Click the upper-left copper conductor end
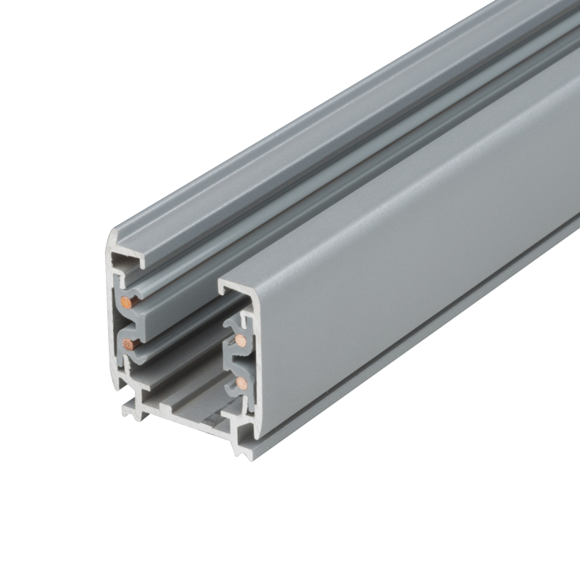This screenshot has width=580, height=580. [127, 299]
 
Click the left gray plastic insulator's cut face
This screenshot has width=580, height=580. [133, 319]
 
